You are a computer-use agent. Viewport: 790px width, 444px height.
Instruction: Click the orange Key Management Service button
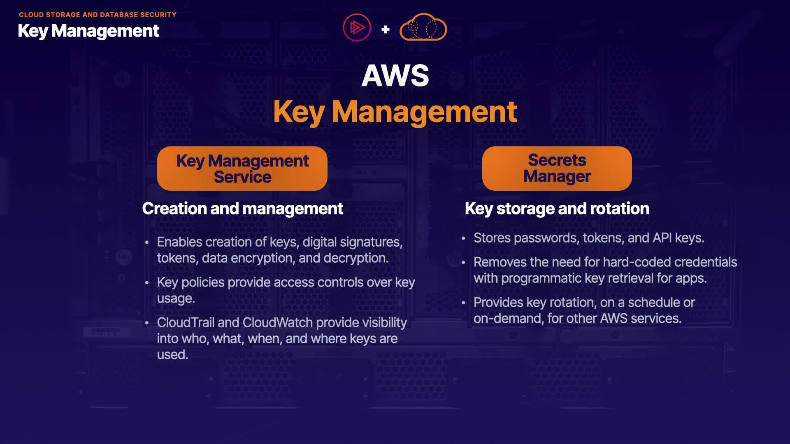pos(242,169)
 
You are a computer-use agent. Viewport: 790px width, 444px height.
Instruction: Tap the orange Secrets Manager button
pos(557,169)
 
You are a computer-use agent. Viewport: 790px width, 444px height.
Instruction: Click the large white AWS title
pos(395,76)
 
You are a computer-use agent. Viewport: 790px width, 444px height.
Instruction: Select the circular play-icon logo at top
pos(357,28)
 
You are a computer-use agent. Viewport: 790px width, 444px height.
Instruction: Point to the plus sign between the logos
pos(386,29)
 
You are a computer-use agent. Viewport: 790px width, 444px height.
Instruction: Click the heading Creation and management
pos(242,209)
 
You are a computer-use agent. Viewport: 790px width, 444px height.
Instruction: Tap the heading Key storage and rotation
pos(557,209)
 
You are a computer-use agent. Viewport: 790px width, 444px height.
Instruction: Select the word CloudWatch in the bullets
pos(278,323)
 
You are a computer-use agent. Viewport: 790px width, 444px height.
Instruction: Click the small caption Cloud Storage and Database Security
pos(98,15)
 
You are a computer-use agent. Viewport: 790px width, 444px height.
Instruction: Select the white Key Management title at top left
pos(88,31)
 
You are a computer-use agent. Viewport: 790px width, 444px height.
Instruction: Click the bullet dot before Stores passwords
pos(463,238)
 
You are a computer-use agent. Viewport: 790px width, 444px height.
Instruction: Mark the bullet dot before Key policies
pos(147,283)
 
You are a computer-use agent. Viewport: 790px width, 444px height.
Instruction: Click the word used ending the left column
pos(172,355)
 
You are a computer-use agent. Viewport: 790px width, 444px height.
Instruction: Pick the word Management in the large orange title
pos(424,112)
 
